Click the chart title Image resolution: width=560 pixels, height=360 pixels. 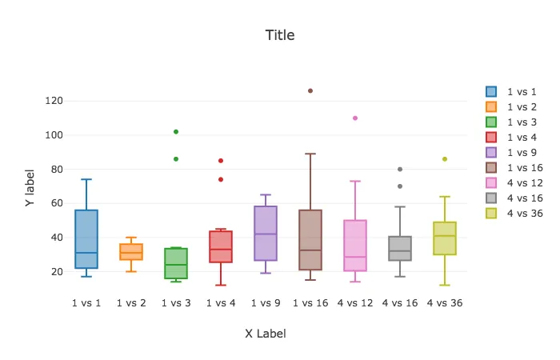point(279,35)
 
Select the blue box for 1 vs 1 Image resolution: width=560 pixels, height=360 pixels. point(86,239)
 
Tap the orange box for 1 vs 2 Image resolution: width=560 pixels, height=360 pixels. point(131,251)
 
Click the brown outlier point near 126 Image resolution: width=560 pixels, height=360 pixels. point(310,91)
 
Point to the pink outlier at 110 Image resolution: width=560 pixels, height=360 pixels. point(355,118)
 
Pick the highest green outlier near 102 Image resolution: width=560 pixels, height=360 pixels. point(176,132)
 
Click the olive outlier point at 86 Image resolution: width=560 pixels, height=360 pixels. point(445,159)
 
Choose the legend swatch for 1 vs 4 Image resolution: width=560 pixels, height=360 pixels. point(491,138)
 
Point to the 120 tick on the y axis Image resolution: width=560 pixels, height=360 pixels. point(54,101)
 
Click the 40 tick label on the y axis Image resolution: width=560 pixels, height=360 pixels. point(56,238)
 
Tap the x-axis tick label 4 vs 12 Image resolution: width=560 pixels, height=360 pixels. point(355,303)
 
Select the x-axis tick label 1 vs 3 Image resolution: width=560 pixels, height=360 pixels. point(176,303)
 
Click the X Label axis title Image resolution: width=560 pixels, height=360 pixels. point(266,334)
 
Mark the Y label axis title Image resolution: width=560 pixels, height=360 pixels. point(30,189)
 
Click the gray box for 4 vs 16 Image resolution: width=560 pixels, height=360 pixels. point(400,248)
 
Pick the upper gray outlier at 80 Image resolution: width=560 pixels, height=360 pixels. point(400,170)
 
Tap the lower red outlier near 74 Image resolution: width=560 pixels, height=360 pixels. point(221,179)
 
